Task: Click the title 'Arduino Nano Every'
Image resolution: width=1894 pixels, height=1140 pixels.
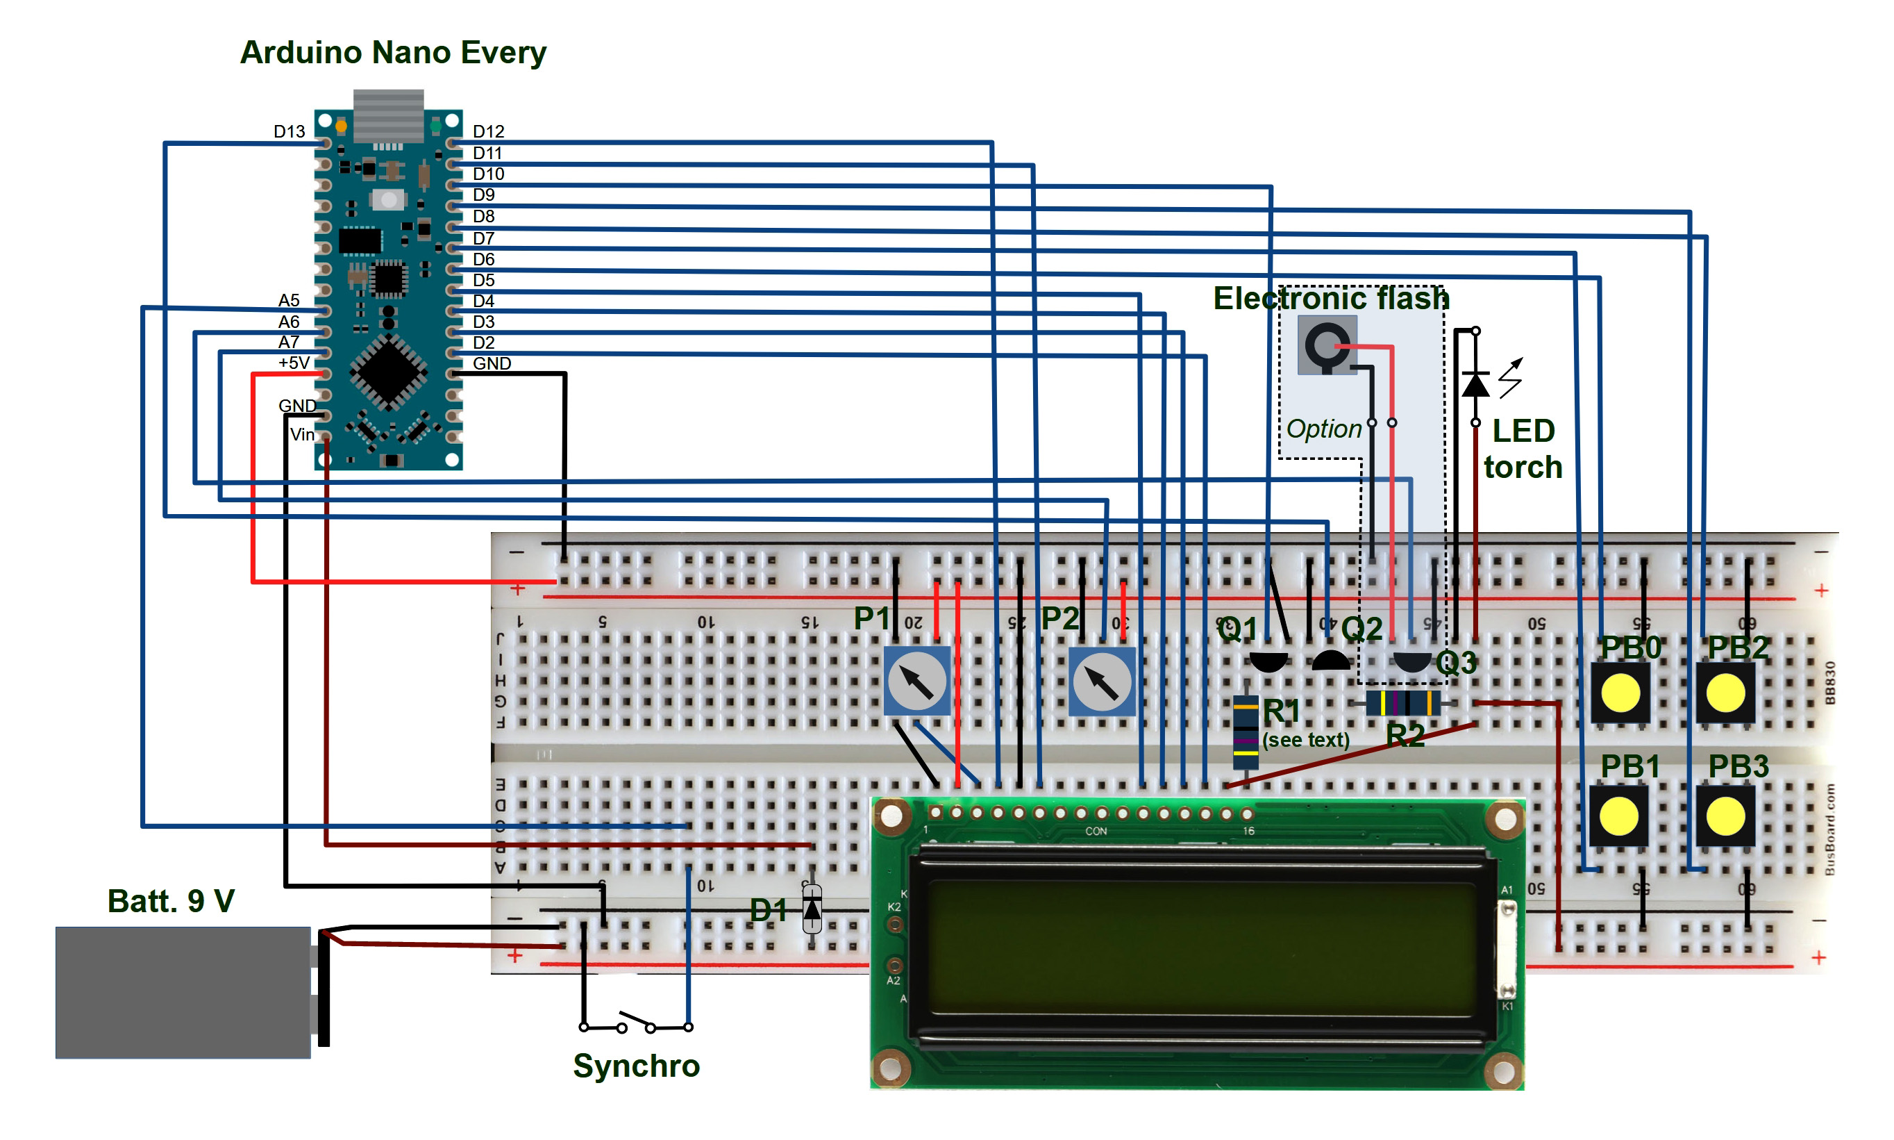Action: coord(392,52)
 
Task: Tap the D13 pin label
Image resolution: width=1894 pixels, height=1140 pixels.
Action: coord(289,131)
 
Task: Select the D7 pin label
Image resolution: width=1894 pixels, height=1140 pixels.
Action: coord(483,238)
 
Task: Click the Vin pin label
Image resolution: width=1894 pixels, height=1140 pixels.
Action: coord(302,435)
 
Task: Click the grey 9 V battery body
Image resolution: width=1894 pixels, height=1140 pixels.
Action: coord(182,992)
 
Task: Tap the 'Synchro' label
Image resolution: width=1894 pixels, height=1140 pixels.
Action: coord(636,1066)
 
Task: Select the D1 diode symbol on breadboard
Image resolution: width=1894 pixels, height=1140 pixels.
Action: coord(812,909)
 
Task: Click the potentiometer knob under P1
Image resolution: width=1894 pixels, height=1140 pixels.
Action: coord(916,681)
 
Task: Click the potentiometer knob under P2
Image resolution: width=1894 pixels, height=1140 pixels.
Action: coord(1101,681)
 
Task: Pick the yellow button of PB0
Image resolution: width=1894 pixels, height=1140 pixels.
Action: coord(1620,693)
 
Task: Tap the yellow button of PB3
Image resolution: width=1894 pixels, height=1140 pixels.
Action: coord(1725,816)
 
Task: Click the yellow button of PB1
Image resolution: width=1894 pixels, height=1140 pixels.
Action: coord(1618,816)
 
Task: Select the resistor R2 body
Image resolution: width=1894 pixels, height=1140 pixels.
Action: coord(1402,702)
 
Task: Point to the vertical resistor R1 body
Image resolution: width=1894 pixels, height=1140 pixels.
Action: coord(1246,732)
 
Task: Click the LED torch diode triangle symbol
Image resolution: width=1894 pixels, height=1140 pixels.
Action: coord(1475,384)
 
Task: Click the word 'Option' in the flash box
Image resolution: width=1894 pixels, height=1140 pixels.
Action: coord(1323,429)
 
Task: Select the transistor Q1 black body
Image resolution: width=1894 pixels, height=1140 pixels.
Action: coord(1268,660)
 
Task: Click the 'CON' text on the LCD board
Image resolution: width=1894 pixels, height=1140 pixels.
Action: coord(1096,831)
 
